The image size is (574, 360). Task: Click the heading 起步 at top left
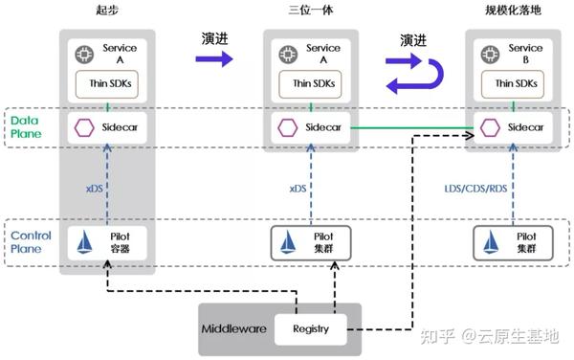point(107,11)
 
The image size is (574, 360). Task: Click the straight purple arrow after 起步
point(214,59)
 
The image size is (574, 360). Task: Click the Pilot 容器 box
point(107,243)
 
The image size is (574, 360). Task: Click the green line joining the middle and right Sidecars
point(411,127)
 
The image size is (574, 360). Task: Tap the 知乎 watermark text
point(433,336)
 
